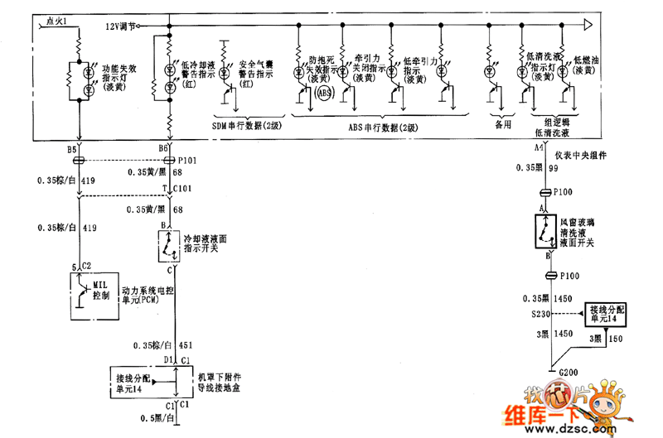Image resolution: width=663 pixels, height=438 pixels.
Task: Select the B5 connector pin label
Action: [72, 149]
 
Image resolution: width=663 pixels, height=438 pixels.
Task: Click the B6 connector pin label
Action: [164, 149]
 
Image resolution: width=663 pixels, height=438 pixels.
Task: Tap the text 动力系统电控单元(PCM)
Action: [148, 296]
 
